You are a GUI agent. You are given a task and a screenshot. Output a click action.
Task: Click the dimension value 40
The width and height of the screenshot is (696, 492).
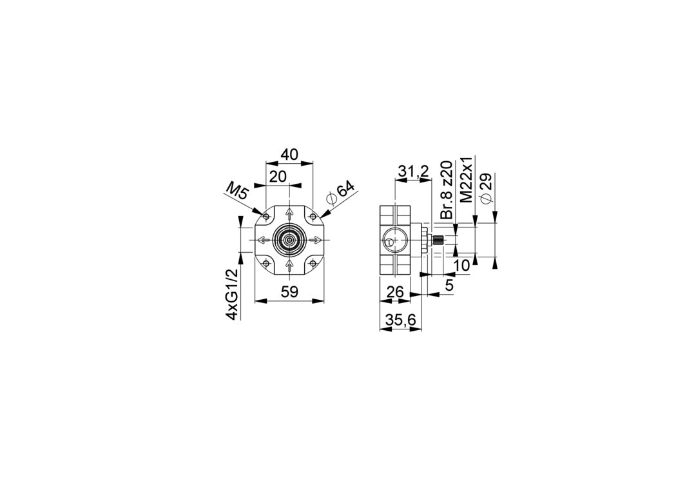pyautogui.click(x=289, y=155)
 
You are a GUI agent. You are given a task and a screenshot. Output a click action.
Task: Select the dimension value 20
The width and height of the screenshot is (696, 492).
pyautogui.click(x=278, y=177)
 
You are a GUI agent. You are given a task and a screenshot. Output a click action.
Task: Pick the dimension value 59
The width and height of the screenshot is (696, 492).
pyautogui.click(x=289, y=291)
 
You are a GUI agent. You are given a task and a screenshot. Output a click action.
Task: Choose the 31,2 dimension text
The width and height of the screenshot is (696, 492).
pyautogui.click(x=413, y=172)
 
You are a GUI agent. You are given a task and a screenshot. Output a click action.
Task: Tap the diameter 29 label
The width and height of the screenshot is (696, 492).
pyautogui.click(x=486, y=188)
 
